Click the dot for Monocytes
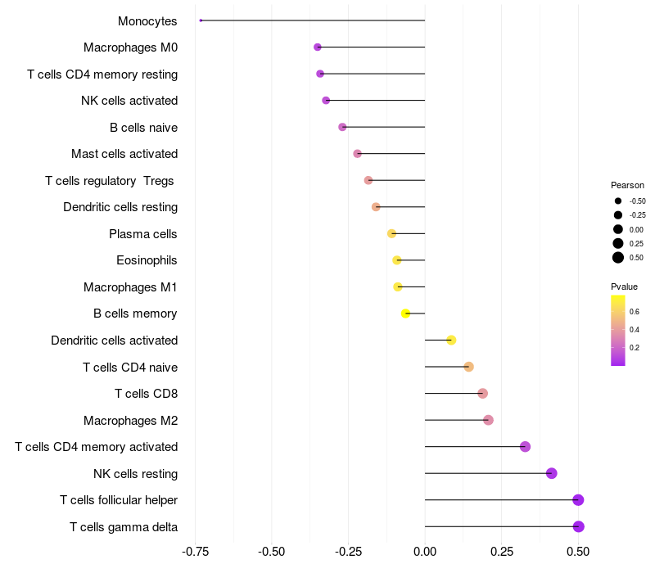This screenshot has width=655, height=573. (x=201, y=20)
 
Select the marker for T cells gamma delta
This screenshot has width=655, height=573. (x=579, y=526)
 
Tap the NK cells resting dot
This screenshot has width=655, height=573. (x=552, y=473)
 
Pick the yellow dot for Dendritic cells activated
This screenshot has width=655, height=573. (x=451, y=340)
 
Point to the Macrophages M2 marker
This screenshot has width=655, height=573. (x=489, y=420)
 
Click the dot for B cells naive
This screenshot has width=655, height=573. (x=342, y=127)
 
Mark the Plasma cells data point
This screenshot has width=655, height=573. (x=391, y=233)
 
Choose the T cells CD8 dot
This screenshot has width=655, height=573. (x=482, y=393)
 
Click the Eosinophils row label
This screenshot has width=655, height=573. (x=147, y=260)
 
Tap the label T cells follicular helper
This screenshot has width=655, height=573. (x=119, y=500)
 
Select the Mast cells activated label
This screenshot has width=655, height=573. (x=124, y=154)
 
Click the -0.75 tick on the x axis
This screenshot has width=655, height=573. (x=195, y=552)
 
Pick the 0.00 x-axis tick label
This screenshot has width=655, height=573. (x=425, y=552)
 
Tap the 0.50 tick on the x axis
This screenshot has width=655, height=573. (x=579, y=552)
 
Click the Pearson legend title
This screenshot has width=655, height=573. (x=627, y=185)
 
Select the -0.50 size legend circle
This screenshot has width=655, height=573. (x=618, y=201)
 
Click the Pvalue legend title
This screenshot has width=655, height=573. (x=624, y=286)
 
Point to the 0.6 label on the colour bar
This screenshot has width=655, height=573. (x=634, y=312)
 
